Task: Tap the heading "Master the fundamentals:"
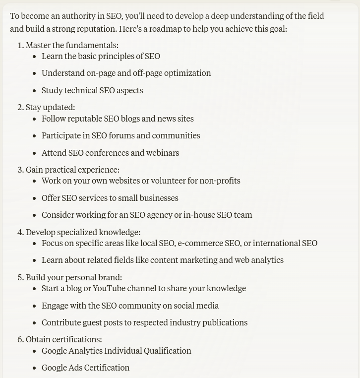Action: (72, 45)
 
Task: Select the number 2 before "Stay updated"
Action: (20, 107)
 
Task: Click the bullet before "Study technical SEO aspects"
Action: (34, 91)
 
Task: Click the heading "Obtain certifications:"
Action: (63, 339)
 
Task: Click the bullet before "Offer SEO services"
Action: (34, 198)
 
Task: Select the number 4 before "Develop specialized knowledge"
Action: (20, 232)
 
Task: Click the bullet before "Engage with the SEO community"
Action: (34, 306)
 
